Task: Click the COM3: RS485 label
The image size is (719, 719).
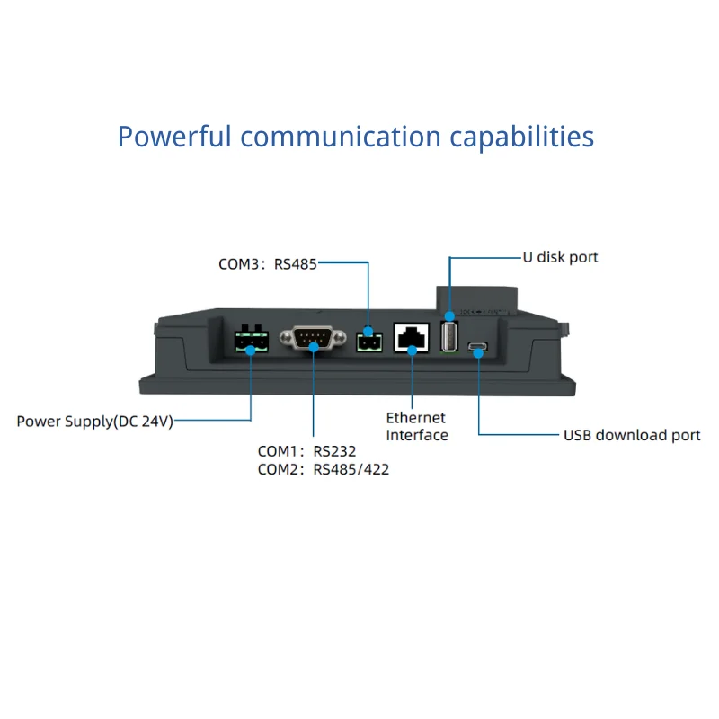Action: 268,264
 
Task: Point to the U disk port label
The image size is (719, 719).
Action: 560,257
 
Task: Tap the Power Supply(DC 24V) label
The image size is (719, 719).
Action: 95,421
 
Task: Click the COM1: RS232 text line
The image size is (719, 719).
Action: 306,451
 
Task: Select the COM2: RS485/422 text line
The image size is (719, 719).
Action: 323,469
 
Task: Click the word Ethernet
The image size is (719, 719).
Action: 415,418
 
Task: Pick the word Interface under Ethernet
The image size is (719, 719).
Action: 416,435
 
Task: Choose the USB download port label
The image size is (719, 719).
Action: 632,435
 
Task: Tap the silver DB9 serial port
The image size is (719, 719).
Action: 313,340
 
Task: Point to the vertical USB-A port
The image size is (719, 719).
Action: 449,334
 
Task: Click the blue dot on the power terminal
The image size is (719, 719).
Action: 250,350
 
